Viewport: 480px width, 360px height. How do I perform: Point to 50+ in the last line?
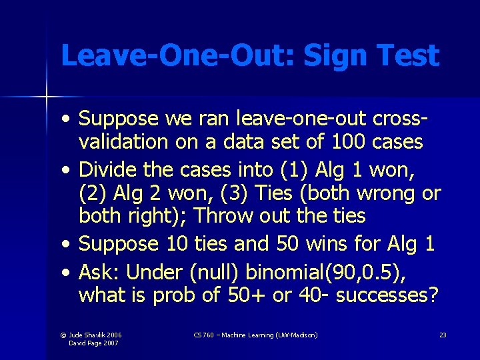point(246,295)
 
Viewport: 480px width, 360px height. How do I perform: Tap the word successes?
point(388,295)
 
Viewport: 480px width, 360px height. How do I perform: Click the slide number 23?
point(443,335)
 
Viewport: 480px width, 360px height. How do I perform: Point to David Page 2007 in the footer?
point(95,343)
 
